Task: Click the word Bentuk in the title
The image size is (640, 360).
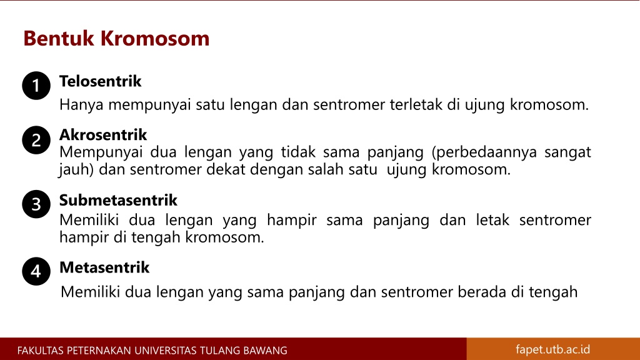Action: tap(59, 38)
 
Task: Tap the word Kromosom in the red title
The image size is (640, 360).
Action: tap(155, 38)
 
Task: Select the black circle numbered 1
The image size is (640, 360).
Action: tap(36, 86)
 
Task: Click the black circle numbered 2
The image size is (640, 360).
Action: tap(36, 140)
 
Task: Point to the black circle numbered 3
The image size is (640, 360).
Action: tap(36, 204)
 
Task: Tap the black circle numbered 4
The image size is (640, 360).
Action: tap(36, 271)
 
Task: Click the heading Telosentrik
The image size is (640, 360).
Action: tap(101, 81)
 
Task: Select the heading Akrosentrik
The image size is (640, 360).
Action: tap(103, 135)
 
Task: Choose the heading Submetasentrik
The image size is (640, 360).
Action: tap(118, 200)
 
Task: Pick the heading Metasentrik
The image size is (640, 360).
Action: tap(104, 267)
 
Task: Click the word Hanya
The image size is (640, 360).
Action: tap(82, 105)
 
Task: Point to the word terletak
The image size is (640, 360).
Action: tap(416, 104)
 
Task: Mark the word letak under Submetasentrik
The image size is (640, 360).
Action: tap(492, 219)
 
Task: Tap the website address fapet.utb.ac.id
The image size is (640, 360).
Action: tap(553, 349)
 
